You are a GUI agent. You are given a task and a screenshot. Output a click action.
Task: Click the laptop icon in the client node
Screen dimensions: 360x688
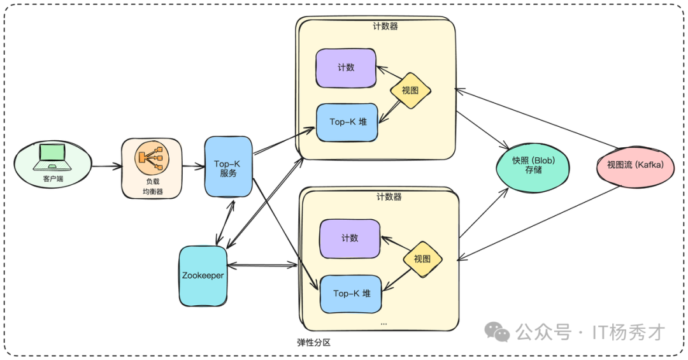click(x=52, y=155)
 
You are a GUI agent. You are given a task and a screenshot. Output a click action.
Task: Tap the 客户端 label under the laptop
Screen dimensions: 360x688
click(x=53, y=179)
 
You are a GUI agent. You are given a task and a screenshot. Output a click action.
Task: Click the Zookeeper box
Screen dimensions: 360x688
click(x=203, y=276)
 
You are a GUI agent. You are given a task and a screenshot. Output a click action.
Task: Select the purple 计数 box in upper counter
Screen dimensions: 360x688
click(x=346, y=68)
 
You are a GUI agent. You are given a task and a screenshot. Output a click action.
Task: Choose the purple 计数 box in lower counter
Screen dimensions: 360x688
click(x=350, y=238)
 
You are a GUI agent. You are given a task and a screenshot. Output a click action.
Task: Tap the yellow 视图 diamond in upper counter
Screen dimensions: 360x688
click(x=411, y=90)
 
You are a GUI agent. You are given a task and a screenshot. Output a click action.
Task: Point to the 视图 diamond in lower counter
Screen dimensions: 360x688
click(x=422, y=259)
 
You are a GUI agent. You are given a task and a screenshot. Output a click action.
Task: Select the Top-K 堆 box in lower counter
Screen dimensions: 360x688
click(x=351, y=294)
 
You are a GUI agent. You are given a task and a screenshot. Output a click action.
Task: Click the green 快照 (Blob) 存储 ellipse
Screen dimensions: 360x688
click(x=533, y=166)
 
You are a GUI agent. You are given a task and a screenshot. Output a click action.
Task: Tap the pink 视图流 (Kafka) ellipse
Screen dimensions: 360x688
click(x=635, y=165)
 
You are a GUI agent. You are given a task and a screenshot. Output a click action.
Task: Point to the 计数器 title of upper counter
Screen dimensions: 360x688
click(x=385, y=27)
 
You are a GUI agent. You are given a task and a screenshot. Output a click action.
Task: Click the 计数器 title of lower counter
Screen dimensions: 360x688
click(x=389, y=197)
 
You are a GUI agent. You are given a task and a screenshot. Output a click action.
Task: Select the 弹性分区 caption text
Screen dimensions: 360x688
click(x=314, y=343)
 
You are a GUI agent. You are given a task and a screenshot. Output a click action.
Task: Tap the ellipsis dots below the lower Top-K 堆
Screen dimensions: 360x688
click(x=383, y=324)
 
